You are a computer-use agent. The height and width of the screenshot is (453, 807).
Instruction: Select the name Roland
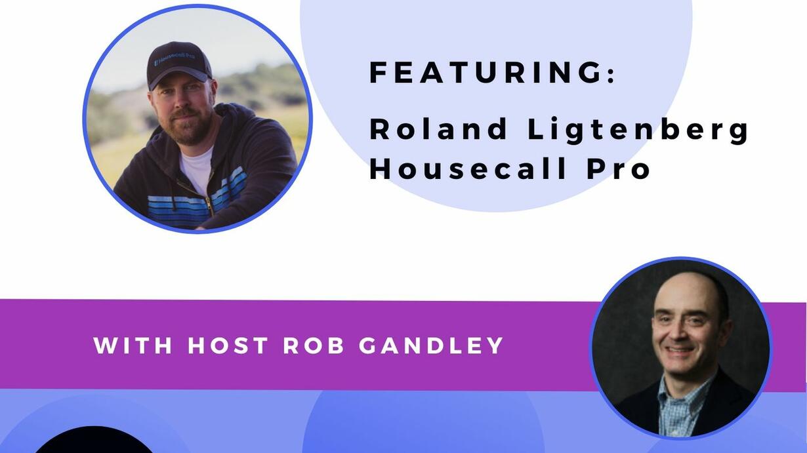tap(438, 129)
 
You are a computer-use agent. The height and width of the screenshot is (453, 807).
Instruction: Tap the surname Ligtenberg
tap(638, 131)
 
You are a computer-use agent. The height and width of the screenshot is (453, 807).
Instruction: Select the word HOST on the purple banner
tap(228, 345)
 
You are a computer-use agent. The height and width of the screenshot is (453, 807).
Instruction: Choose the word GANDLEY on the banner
tap(431, 345)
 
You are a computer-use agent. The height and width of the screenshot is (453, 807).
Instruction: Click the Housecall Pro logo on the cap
tap(174, 59)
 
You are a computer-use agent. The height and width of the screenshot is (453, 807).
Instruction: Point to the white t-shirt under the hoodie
tap(197, 169)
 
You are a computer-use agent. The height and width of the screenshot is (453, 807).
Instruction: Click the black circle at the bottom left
tap(94, 441)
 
